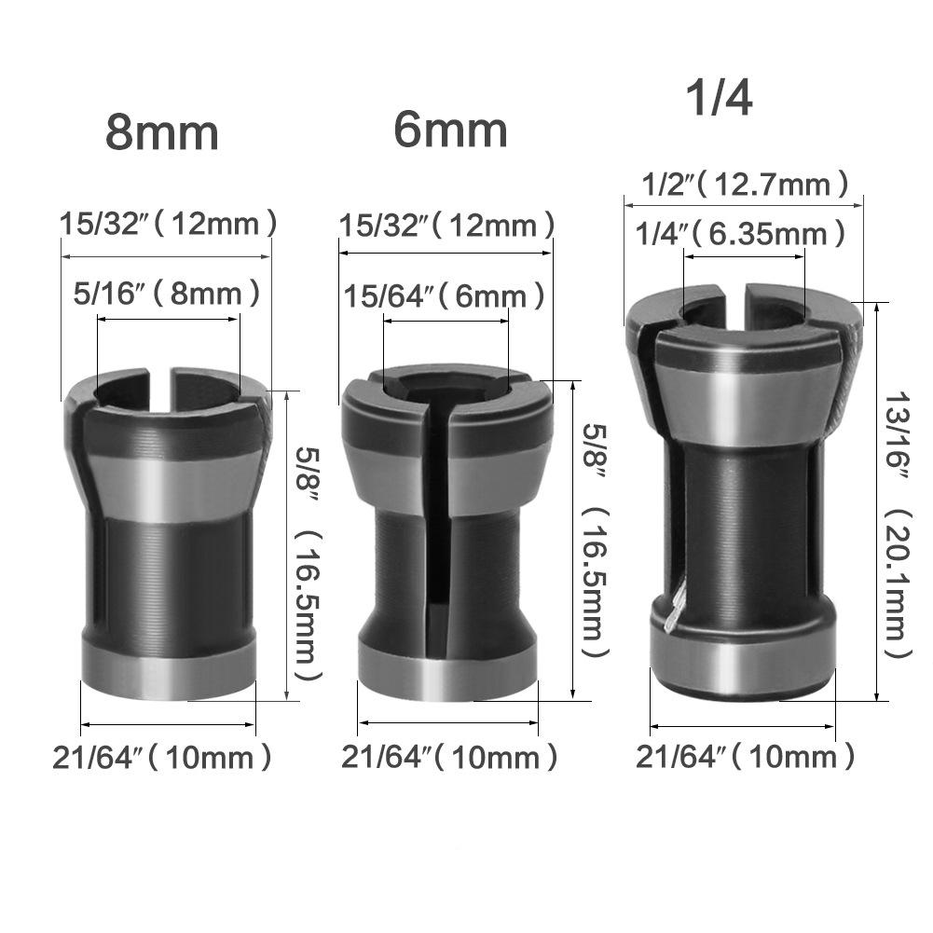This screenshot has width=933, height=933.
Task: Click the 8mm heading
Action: pos(161,132)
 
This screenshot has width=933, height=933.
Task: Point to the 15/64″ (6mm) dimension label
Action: pos(445,297)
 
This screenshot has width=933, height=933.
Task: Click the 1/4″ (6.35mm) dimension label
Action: pos(743,233)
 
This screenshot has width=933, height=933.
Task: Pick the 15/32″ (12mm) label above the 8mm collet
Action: pos(168,224)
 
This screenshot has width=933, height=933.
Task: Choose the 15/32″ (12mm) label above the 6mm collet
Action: pos(447,226)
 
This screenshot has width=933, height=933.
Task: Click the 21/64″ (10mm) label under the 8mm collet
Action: pos(163,757)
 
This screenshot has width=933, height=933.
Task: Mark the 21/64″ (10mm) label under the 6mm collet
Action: pos(448,757)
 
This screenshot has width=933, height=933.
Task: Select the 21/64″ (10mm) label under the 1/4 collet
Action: pos(745,756)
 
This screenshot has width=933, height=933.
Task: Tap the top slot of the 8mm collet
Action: pos(161,390)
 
